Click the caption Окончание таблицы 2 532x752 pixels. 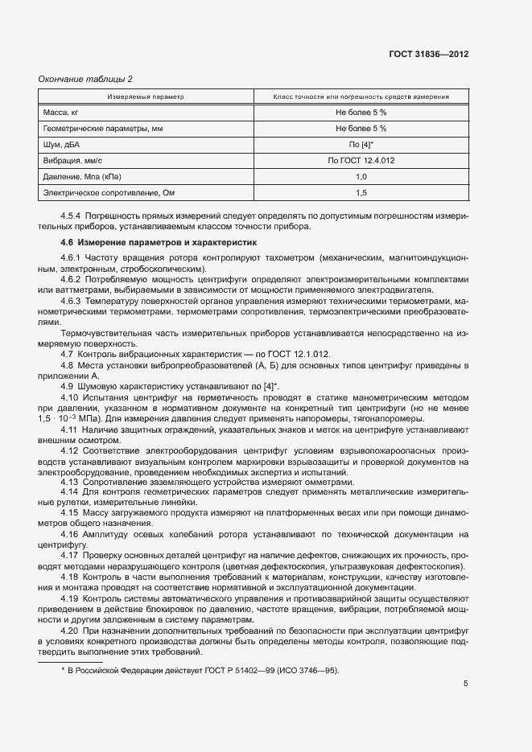click(85, 79)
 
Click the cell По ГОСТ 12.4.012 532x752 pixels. click(361, 160)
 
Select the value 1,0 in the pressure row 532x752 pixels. click(361, 176)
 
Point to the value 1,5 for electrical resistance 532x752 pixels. click(361, 193)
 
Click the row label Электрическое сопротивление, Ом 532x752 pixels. click(107, 193)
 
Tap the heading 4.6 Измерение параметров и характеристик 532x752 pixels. click(158, 241)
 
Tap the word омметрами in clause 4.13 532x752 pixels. click(328, 481)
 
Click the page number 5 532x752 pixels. click(465, 684)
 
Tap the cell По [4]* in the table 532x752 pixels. click(361, 144)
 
